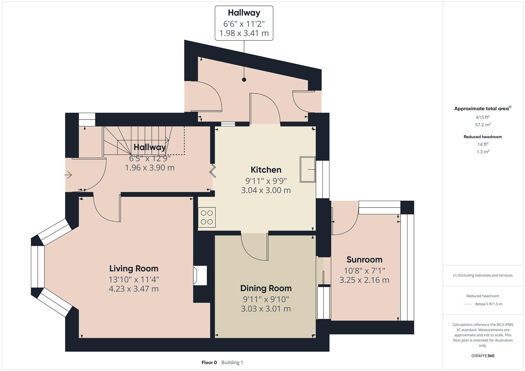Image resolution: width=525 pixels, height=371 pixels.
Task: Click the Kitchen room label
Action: pyautogui.click(x=266, y=170)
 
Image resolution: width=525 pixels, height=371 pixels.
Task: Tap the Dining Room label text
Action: pyautogui.click(x=266, y=288)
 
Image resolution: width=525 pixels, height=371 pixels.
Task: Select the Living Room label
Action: pyautogui.click(x=134, y=268)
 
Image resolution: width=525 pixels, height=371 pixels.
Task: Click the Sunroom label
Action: pyautogui.click(x=364, y=260)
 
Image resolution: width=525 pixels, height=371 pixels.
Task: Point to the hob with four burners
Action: pyautogui.click(x=207, y=217)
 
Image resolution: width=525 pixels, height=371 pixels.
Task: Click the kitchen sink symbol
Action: pyautogui.click(x=308, y=169)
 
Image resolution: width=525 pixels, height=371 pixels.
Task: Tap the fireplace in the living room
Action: pyautogui.click(x=200, y=276)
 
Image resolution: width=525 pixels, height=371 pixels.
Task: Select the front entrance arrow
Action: pyautogui.click(x=68, y=175)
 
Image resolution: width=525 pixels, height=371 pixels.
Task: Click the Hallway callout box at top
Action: pyautogui.click(x=244, y=23)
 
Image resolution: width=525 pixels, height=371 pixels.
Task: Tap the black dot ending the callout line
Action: pyautogui.click(x=244, y=80)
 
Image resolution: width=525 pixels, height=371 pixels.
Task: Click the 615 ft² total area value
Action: pyautogui.click(x=483, y=117)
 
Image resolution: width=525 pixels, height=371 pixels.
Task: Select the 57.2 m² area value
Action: pyautogui.click(x=483, y=125)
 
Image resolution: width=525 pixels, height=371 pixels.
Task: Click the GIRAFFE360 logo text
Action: pyautogui.click(x=483, y=356)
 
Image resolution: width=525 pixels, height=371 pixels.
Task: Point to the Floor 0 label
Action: pyautogui.click(x=209, y=362)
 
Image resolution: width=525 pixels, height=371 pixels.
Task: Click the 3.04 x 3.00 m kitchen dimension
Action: pyautogui.click(x=266, y=190)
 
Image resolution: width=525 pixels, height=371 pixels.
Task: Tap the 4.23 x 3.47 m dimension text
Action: pyautogui.click(x=134, y=289)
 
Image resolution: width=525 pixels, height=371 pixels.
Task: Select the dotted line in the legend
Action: pyautogui.click(x=468, y=304)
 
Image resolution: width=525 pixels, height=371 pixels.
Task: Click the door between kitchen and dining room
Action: pyautogui.click(x=254, y=247)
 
